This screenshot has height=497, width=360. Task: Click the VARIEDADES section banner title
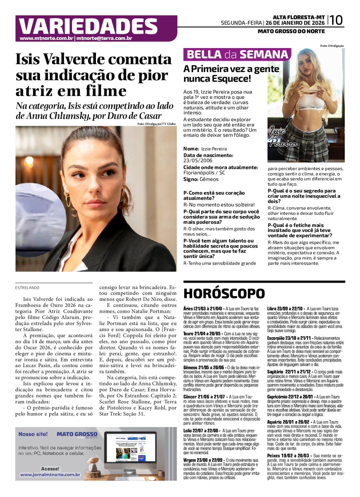(x=88, y=26)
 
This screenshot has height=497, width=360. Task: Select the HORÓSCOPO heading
(x=224, y=294)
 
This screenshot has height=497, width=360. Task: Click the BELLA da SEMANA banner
(x=237, y=54)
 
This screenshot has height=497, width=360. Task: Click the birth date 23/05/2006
(x=198, y=160)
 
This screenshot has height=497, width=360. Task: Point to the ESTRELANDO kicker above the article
(x=27, y=288)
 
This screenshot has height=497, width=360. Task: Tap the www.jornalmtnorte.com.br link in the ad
(x=50, y=474)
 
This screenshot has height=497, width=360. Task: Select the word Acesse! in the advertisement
(x=50, y=469)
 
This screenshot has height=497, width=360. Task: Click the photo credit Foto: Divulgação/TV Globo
(x=156, y=124)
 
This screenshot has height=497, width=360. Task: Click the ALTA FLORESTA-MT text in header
(x=298, y=17)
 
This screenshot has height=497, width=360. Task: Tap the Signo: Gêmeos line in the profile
(x=201, y=179)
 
